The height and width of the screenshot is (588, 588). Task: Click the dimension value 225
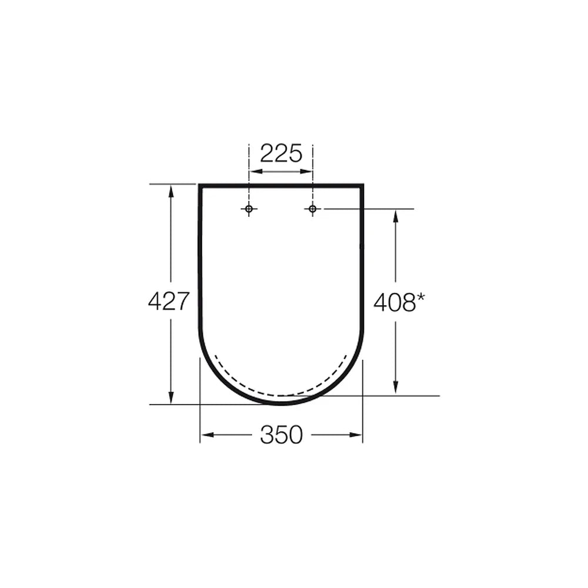(281, 153)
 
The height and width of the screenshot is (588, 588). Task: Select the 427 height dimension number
(168, 301)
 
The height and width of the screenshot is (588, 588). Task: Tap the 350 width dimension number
(281, 435)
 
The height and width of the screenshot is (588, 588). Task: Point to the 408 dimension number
(395, 302)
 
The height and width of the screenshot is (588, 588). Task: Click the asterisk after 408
(421, 298)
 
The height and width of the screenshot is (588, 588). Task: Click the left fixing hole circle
(249, 209)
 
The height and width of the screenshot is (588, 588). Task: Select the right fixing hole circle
(312, 209)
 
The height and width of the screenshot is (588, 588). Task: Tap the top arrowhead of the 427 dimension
(171, 191)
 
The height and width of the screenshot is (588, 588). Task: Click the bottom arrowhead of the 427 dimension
(171, 397)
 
